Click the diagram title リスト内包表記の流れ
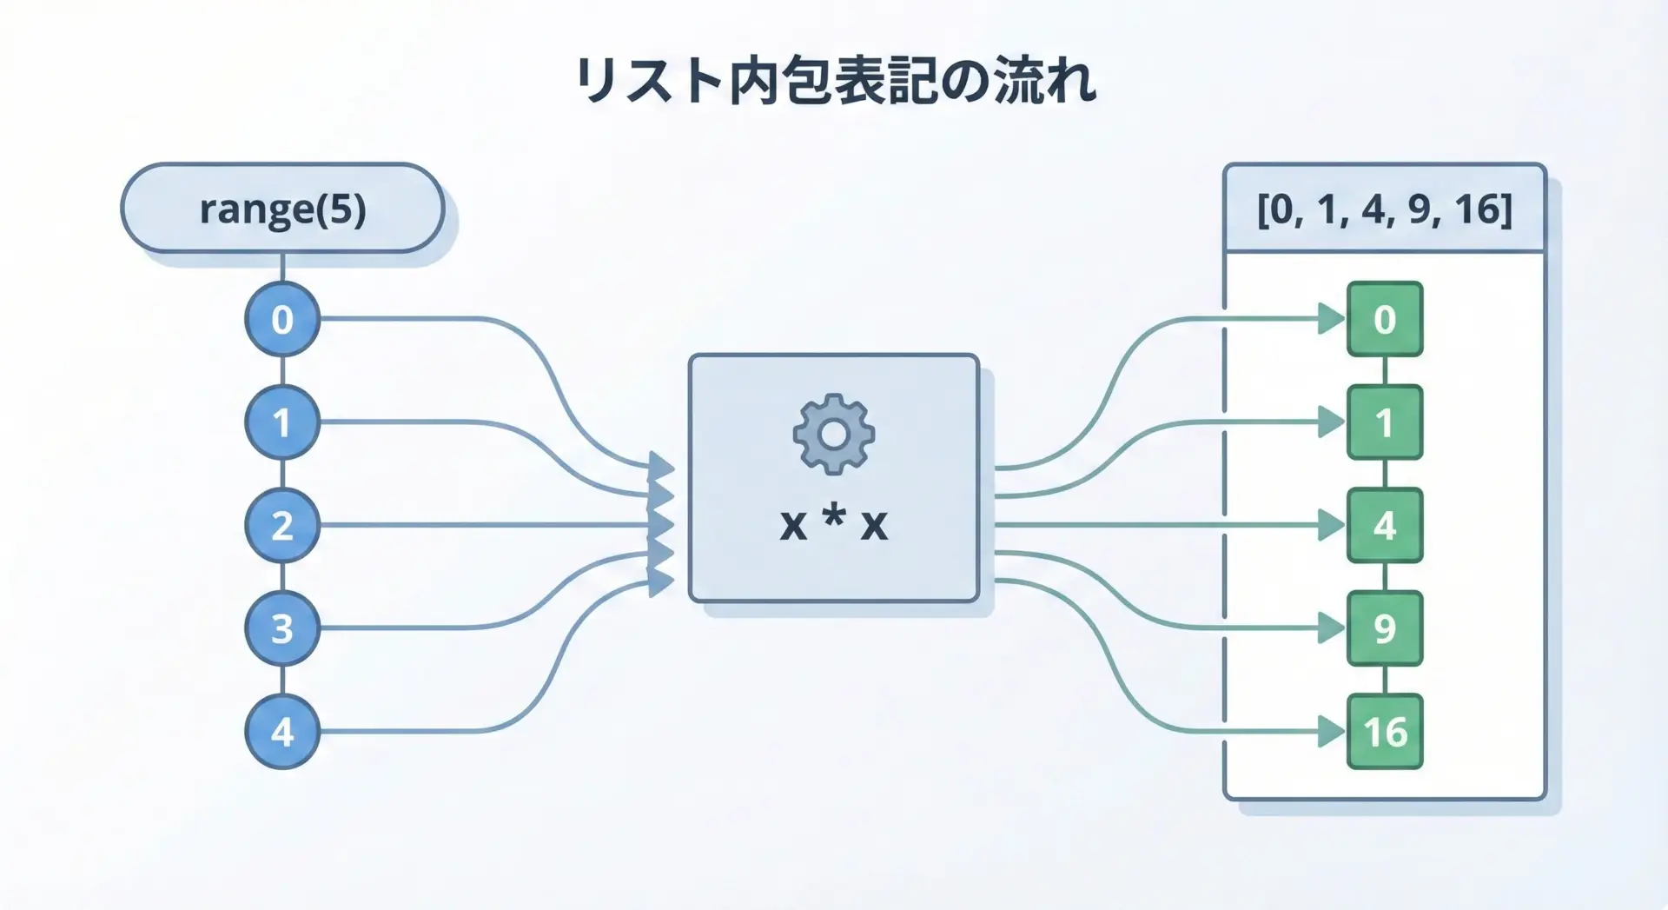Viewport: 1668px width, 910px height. [834, 82]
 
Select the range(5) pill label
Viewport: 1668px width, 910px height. [282, 209]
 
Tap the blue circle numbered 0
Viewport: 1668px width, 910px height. [282, 319]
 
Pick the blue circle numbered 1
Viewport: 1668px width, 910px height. [282, 422]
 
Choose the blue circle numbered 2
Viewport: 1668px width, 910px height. [282, 525]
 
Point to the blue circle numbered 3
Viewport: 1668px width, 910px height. [282, 628]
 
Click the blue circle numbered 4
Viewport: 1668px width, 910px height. [282, 732]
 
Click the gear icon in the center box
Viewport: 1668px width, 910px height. [833, 434]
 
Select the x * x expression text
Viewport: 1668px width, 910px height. [833, 524]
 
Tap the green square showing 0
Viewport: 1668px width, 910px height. [1384, 319]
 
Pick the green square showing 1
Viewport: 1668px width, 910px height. [1384, 422]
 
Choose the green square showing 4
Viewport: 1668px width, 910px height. [1384, 525]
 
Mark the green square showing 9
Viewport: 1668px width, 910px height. [1384, 628]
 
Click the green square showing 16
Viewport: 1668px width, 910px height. [1384, 732]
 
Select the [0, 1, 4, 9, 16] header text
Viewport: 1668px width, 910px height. [1384, 209]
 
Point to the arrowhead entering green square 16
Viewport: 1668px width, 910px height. [1330, 732]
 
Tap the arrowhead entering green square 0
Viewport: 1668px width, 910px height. [1330, 319]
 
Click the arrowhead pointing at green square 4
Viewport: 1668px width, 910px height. [1330, 525]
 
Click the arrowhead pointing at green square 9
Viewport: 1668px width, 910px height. [1330, 628]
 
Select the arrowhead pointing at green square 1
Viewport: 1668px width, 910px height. [1330, 422]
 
